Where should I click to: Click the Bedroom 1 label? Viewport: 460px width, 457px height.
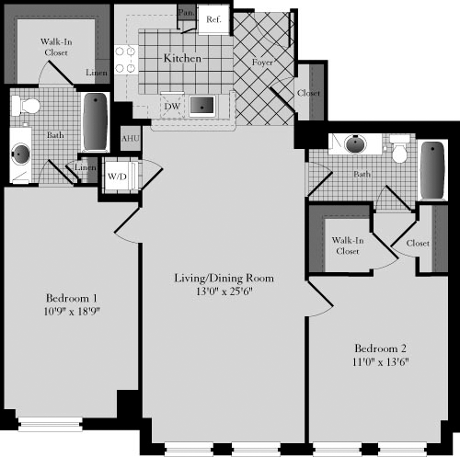(x=72, y=298)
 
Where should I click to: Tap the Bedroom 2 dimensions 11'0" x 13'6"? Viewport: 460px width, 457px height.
(x=381, y=362)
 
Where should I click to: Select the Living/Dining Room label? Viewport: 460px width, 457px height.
(x=224, y=278)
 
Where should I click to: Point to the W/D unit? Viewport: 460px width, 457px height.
(x=117, y=175)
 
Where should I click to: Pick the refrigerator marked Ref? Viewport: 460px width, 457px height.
(x=213, y=18)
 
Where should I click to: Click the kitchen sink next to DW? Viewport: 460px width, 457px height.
(x=202, y=105)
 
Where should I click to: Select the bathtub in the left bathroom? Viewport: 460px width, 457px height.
(x=95, y=121)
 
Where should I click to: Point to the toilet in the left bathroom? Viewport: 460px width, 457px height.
(x=29, y=106)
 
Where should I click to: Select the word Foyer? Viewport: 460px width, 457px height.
(x=261, y=63)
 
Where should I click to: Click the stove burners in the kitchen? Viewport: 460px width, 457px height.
(x=125, y=60)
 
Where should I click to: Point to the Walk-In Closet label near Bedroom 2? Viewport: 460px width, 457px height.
(x=346, y=245)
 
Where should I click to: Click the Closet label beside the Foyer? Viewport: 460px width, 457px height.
(x=308, y=93)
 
